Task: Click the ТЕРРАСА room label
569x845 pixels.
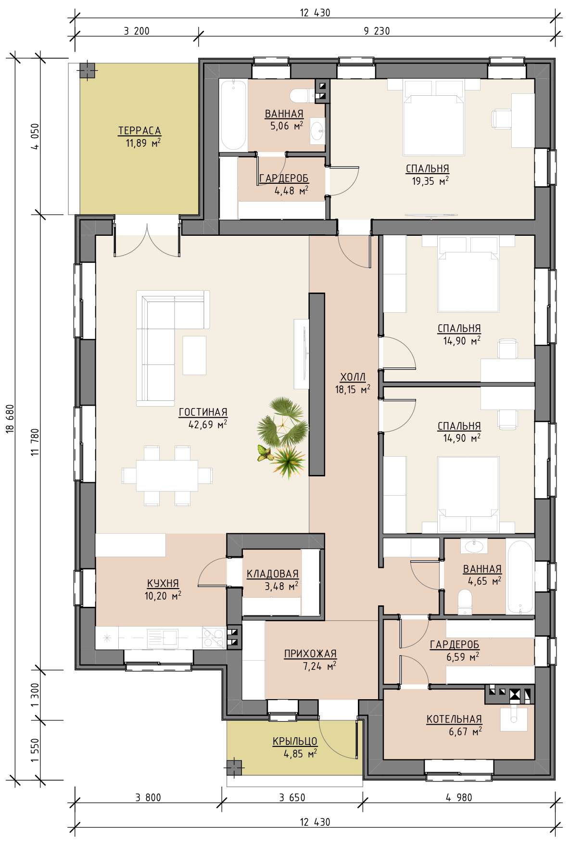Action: [x=139, y=130]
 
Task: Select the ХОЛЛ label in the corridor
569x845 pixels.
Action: [x=353, y=377]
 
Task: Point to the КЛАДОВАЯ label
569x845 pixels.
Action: [x=272, y=574]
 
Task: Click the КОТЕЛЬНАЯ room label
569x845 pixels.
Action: [x=454, y=719]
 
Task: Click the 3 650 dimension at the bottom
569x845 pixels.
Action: [x=292, y=797]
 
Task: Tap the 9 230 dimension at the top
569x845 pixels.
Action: [x=377, y=31]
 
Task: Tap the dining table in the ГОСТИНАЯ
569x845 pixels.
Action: [x=167, y=475]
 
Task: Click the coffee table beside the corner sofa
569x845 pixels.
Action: [x=194, y=355]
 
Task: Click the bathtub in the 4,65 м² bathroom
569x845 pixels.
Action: [x=520, y=577]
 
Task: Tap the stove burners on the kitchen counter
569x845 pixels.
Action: [x=213, y=638]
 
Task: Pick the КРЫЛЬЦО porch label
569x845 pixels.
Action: [x=295, y=741]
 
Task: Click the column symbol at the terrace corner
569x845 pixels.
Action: [x=88, y=71]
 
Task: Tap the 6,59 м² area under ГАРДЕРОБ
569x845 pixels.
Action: [x=462, y=656]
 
